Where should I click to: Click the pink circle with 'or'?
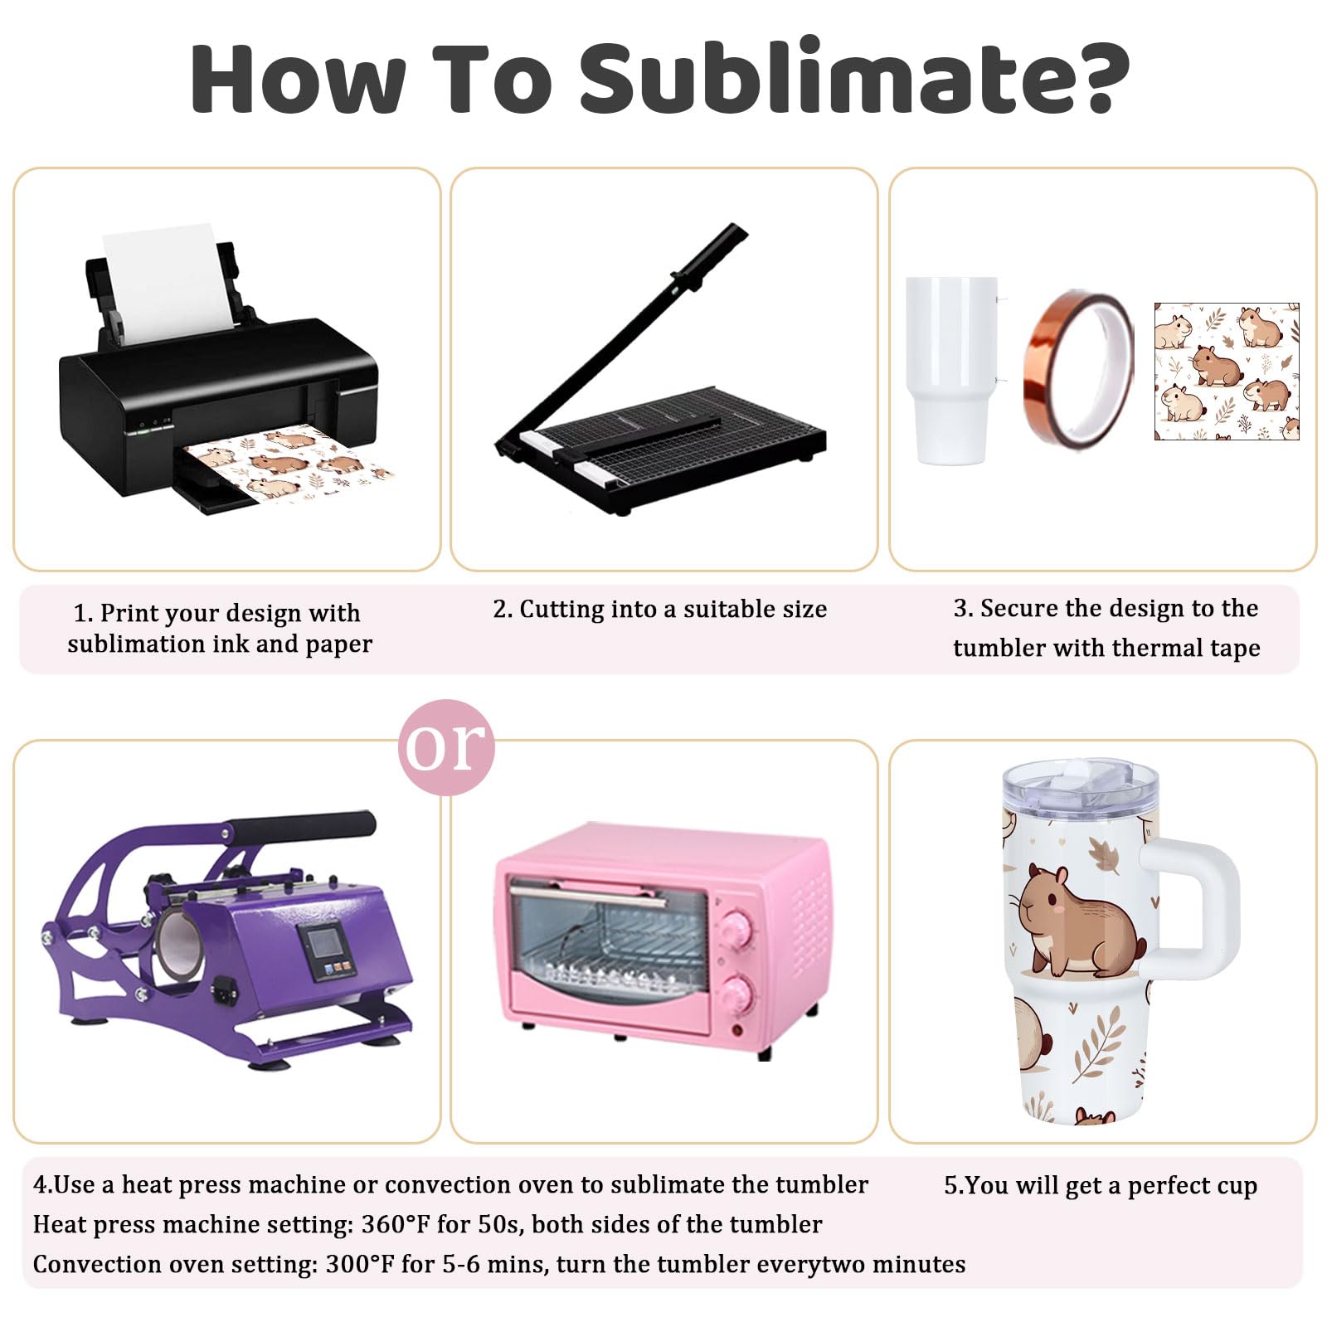(446, 747)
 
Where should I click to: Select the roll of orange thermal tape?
(1078, 368)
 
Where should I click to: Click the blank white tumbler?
(952, 370)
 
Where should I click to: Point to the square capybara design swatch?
(1227, 371)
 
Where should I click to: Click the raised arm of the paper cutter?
(622, 332)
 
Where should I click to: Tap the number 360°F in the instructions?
(392, 1224)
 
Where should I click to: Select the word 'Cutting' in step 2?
(551, 610)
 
